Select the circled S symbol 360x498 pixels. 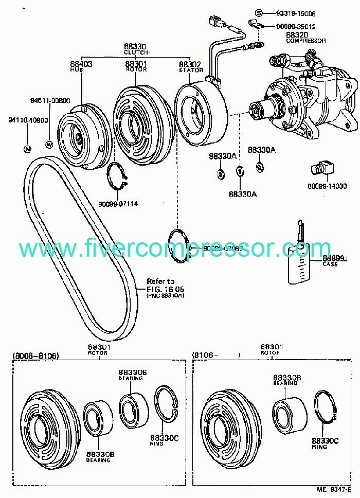[259, 13]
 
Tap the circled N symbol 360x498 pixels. [27, 149]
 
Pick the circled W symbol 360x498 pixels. [49, 145]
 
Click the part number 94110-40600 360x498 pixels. [27, 120]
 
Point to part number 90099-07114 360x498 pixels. [118, 204]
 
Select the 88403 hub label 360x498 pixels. [81, 64]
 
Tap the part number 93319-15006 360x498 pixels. [296, 13]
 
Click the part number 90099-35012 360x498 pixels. [296, 26]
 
